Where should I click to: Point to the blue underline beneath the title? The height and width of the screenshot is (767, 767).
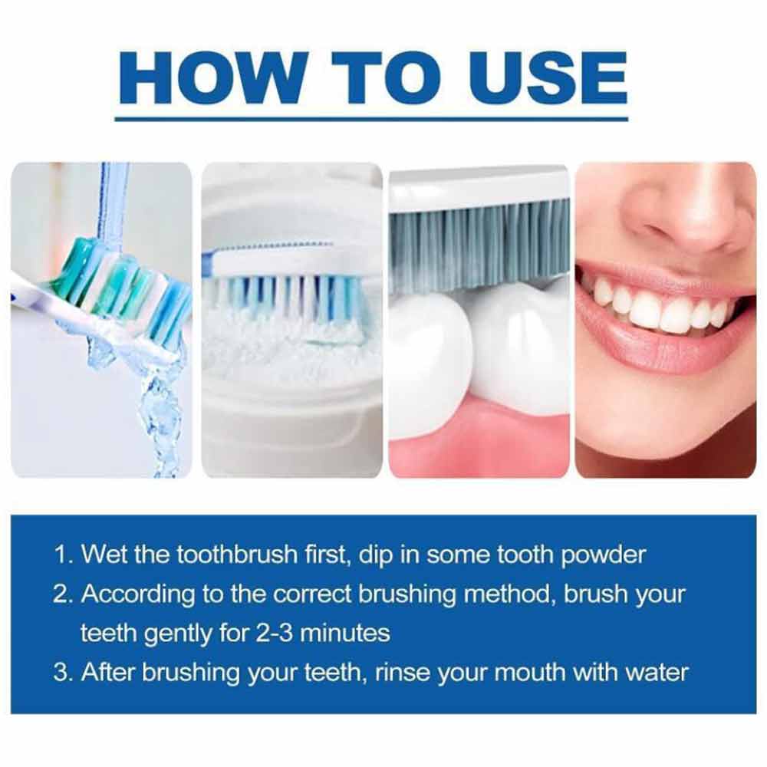click(371, 119)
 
